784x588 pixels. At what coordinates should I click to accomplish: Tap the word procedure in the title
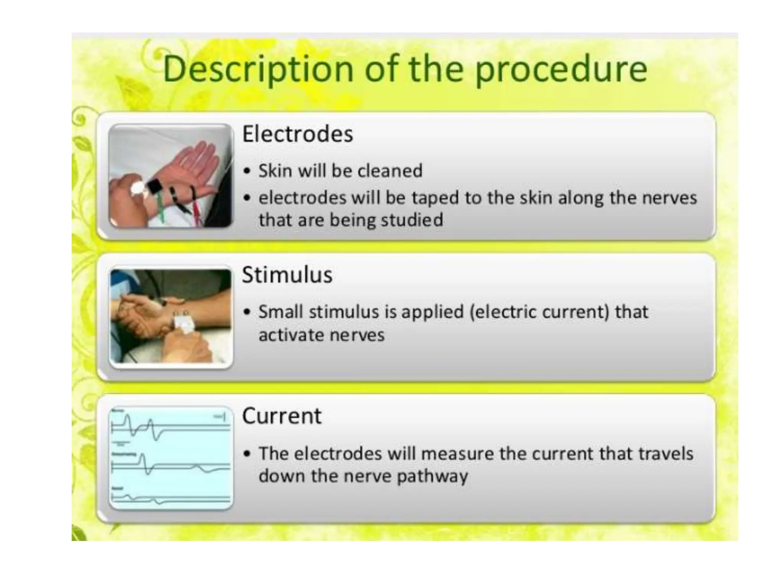pyautogui.click(x=561, y=69)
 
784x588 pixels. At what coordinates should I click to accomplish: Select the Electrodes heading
pyautogui.click(x=297, y=134)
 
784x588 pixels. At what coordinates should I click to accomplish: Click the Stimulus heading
pyautogui.click(x=287, y=275)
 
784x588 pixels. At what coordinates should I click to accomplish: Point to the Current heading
pyautogui.click(x=282, y=416)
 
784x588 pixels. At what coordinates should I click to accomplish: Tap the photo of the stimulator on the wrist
pyautogui.click(x=171, y=317)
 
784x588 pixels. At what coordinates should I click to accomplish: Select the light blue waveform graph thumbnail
pyautogui.click(x=171, y=458)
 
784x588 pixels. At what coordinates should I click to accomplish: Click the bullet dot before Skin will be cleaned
pyautogui.click(x=247, y=171)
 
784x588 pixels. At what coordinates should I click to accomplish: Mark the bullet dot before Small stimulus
pyautogui.click(x=247, y=312)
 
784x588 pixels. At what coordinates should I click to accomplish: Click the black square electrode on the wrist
pyautogui.click(x=155, y=187)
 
